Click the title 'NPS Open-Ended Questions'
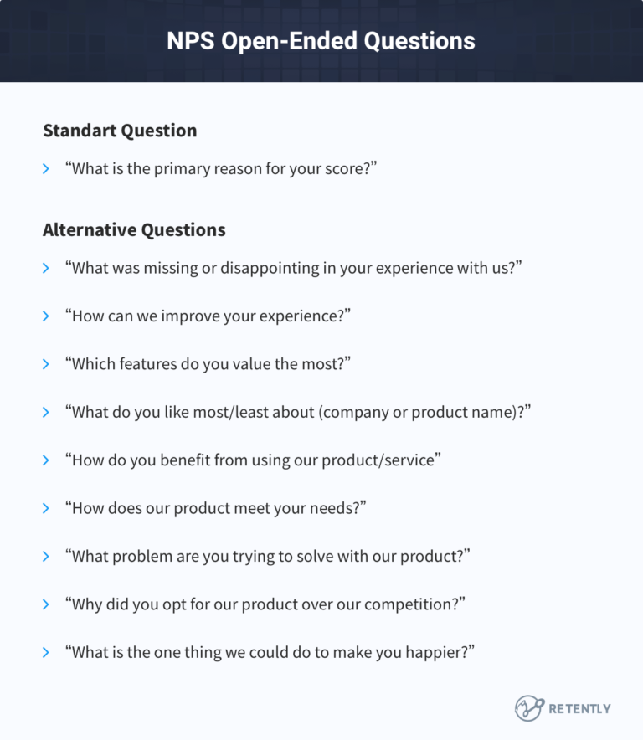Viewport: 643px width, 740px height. pos(321,41)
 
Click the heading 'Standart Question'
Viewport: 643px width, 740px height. pos(120,131)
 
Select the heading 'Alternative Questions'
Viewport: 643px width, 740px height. pos(134,229)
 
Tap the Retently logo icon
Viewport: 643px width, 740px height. pos(529,708)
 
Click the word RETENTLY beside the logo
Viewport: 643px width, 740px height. pos(579,708)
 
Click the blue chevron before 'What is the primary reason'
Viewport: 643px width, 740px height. pos(46,169)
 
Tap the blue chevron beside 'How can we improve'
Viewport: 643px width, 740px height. pos(46,316)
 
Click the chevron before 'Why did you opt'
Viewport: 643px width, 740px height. pos(46,604)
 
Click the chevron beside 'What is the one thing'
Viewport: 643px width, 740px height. pos(46,651)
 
